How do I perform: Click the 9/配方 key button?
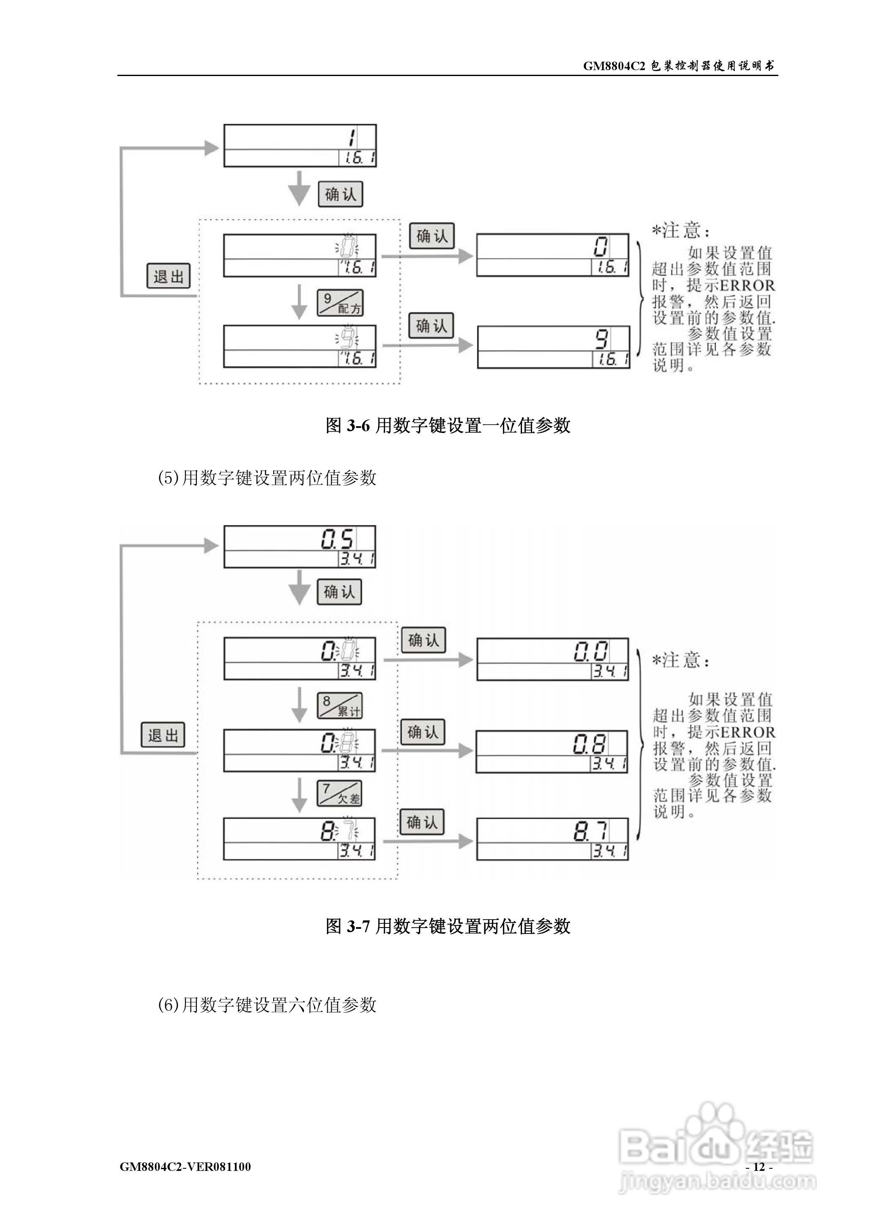[340, 303]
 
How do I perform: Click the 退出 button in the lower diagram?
[163, 735]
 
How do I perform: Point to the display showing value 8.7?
[552, 839]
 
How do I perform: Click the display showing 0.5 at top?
[299, 547]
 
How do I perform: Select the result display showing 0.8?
[552, 751]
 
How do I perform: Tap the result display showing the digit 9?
[553, 347]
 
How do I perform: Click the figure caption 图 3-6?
[448, 425]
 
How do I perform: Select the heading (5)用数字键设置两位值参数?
[267, 477]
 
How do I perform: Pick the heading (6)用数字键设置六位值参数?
[267, 1005]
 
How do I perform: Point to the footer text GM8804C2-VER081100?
[185, 1167]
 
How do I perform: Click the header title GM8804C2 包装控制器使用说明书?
[679, 66]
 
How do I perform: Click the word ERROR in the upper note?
[748, 286]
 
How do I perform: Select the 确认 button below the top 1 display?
[340, 194]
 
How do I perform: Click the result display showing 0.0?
[552, 659]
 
